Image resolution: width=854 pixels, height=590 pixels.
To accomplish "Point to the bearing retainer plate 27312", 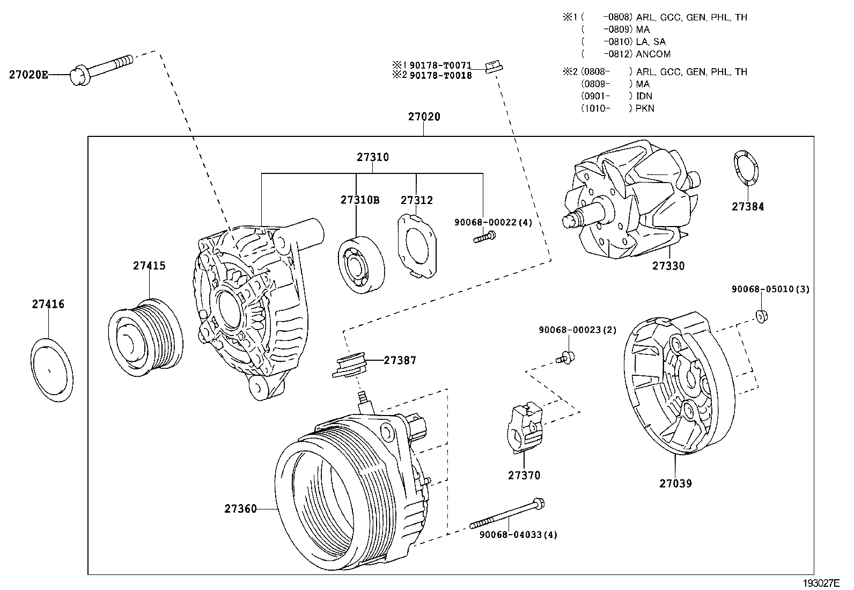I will point(416,246).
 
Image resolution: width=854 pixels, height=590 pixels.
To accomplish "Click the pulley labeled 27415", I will point(145,337).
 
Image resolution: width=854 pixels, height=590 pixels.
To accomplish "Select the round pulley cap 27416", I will point(51,370).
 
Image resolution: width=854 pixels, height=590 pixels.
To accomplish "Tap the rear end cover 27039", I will point(679,384).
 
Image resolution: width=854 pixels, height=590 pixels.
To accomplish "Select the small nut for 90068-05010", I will point(760,316).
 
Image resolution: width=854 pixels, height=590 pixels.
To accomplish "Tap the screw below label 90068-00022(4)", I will point(484,236).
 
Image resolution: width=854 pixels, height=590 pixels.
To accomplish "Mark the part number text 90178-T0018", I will point(440,76).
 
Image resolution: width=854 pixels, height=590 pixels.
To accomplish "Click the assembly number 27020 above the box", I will point(424,116).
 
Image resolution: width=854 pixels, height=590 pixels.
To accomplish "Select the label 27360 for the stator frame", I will point(240,508).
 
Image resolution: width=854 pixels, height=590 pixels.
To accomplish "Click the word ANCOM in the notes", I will point(653,54).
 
